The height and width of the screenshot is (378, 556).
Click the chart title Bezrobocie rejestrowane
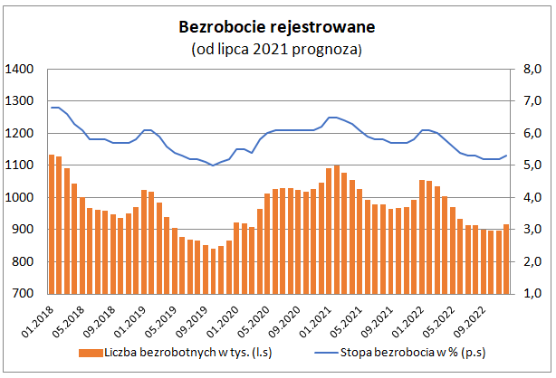[x=277, y=27]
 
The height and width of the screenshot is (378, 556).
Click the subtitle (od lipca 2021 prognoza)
[x=277, y=49]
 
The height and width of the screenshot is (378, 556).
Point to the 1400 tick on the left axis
[x=19, y=70]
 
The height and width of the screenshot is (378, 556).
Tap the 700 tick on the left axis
[x=23, y=294]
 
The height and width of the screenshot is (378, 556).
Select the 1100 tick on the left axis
[x=19, y=165]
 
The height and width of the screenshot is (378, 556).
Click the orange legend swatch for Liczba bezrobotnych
[x=86, y=353]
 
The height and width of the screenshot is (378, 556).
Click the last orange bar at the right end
[x=505, y=259]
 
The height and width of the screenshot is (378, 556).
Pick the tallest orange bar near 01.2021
[x=337, y=230]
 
